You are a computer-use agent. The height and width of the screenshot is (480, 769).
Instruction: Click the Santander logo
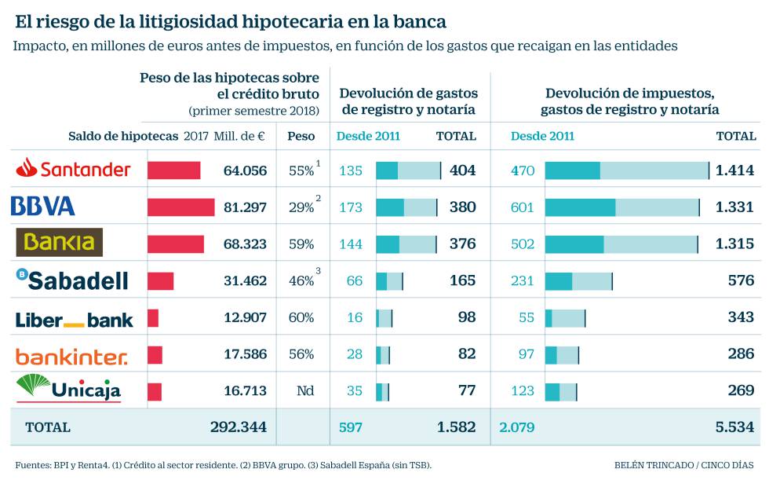coord(74,169)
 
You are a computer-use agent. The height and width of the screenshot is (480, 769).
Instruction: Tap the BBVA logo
coord(43,207)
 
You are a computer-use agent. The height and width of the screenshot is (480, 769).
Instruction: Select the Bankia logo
coord(60,243)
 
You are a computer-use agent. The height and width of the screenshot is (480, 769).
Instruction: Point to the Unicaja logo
coord(68,389)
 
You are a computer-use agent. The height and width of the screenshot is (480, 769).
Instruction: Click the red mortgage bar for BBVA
coord(180,207)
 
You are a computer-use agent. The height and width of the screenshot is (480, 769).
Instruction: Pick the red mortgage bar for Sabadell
coord(160,280)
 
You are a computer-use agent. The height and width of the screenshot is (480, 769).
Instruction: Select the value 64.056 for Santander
coord(245,170)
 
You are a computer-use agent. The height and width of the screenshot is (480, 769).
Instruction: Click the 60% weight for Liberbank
coord(301,318)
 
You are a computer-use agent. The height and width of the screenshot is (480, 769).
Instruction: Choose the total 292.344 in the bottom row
coord(239,427)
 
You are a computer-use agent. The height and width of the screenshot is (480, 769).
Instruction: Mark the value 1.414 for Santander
coord(734,170)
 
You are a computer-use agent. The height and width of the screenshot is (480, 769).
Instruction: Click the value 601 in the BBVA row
coord(522,207)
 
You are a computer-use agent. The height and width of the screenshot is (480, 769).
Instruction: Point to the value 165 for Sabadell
coord(462,280)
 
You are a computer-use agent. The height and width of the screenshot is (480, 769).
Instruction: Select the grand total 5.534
coord(734,427)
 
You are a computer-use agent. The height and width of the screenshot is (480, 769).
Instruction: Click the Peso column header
coord(301,136)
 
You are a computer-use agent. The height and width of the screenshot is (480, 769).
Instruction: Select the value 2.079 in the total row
coord(516,427)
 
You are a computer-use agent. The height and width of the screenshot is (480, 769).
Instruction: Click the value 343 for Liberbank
coord(741,318)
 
